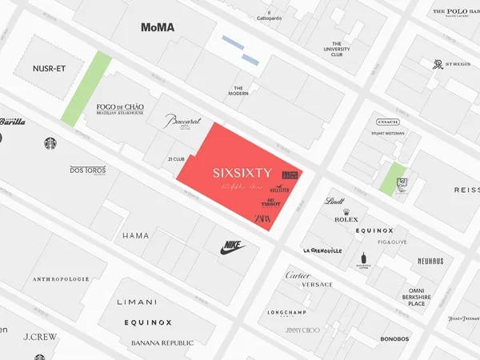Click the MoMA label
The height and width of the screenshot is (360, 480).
(158, 27)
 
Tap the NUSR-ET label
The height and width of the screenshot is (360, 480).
(50, 69)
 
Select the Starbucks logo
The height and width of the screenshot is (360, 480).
(51, 143)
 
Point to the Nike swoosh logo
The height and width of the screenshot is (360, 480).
(233, 248)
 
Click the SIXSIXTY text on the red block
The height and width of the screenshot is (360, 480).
(243, 172)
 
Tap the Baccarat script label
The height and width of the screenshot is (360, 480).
(183, 121)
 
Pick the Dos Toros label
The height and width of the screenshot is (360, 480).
(88, 170)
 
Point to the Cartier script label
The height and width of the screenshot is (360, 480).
(298, 275)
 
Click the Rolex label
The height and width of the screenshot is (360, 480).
(346, 218)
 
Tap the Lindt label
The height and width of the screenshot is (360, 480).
(334, 202)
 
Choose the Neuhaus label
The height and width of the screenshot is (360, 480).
(430, 261)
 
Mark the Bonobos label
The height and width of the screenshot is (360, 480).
(394, 338)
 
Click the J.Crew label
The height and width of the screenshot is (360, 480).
(40, 337)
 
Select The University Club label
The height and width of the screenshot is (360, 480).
(337, 50)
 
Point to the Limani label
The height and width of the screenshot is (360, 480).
(137, 302)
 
